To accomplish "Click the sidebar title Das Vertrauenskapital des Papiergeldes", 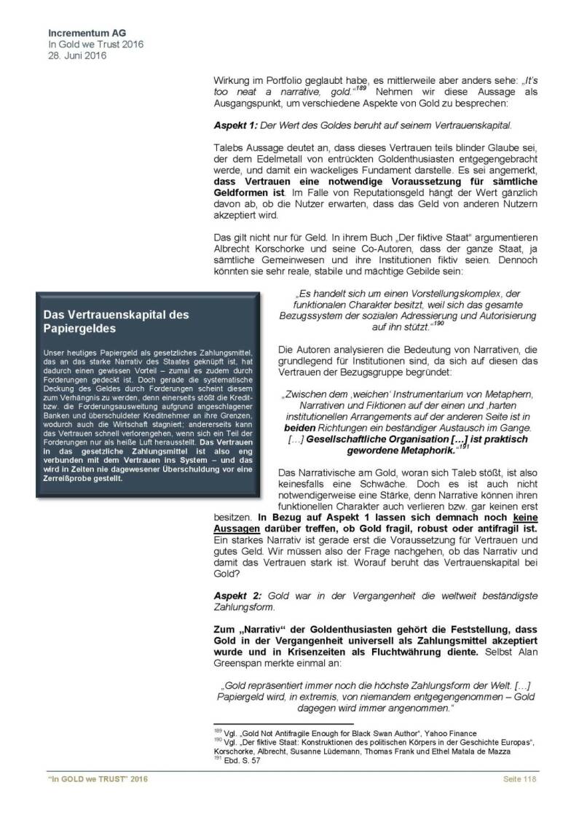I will click(116, 322).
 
